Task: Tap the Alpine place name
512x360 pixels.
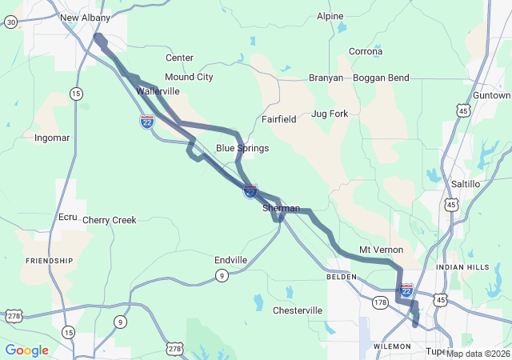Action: tap(330, 16)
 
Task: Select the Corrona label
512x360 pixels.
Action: tap(366, 52)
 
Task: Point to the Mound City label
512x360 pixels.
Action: tap(189, 78)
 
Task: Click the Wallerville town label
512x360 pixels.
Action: tap(158, 92)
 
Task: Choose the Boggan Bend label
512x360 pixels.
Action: tap(382, 78)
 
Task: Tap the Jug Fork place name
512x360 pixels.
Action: tap(330, 114)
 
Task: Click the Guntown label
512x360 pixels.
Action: tap(491, 95)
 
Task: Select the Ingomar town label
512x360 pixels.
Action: tap(52, 138)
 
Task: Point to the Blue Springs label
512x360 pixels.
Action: tap(242, 149)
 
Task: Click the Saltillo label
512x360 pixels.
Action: tap(466, 184)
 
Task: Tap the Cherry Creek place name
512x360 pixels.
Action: tap(110, 220)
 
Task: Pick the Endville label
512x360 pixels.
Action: tap(230, 260)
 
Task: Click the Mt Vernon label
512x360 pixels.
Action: tap(381, 250)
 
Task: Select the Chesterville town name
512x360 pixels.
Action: tap(298, 310)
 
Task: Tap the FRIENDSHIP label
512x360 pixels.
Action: tap(50, 261)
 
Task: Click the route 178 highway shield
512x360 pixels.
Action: tap(380, 302)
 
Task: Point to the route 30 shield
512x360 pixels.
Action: tap(10, 22)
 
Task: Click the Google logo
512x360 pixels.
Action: tap(26, 350)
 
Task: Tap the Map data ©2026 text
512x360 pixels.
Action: tap(478, 354)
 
